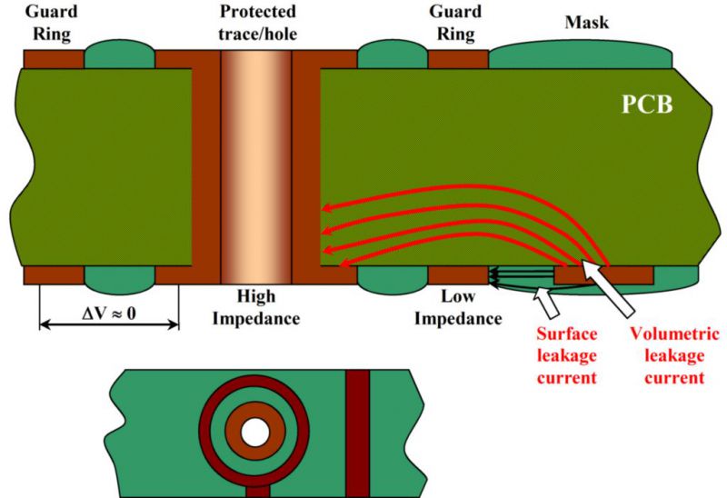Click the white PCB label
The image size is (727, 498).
(x=647, y=105)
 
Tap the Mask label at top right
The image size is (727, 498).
(x=586, y=22)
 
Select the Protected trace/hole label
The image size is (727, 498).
(x=257, y=22)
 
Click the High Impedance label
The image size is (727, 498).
(x=256, y=307)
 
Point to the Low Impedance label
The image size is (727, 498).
(x=458, y=307)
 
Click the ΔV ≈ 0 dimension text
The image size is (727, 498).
(x=109, y=314)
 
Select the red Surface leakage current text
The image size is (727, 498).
(x=566, y=355)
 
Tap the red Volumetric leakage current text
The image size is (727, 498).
(x=674, y=355)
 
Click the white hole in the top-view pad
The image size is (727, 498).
(x=255, y=433)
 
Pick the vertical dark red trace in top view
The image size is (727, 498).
(x=357, y=433)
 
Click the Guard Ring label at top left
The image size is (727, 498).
(x=51, y=22)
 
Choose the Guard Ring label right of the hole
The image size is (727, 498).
(x=455, y=22)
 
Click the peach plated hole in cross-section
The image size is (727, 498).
(x=256, y=167)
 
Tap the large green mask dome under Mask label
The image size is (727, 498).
(x=581, y=55)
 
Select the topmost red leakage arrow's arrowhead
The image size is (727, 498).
(x=327, y=208)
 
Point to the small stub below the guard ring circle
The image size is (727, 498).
(x=258, y=492)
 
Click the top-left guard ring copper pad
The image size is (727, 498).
(x=54, y=59)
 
